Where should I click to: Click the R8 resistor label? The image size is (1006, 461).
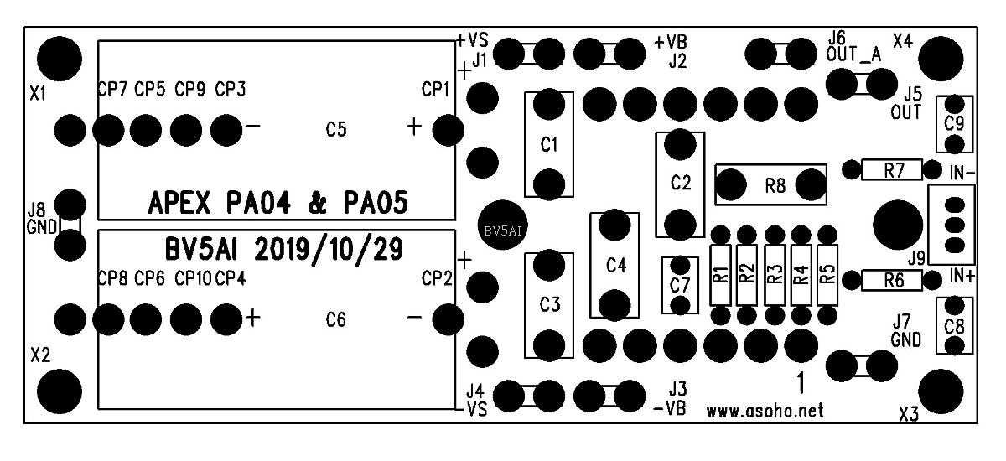pyautogui.click(x=775, y=185)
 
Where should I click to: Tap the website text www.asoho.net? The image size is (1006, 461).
pyautogui.click(x=765, y=412)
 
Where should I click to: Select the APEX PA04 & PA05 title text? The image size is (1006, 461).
pyautogui.click(x=277, y=203)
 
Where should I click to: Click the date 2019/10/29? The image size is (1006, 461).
pyautogui.click(x=328, y=249)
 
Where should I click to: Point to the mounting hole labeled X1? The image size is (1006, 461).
pyautogui.click(x=60, y=58)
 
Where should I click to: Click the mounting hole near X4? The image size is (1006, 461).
pyautogui.click(x=941, y=60)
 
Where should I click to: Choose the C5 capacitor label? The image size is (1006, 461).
pyautogui.click(x=336, y=130)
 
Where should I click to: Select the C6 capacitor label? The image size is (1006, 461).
pyautogui.click(x=336, y=319)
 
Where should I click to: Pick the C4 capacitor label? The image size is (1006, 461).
pyautogui.click(x=615, y=266)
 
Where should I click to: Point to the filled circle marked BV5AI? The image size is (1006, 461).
pyautogui.click(x=504, y=229)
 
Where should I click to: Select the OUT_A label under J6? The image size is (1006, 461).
pyautogui.click(x=853, y=55)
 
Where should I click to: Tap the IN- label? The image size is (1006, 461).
pyautogui.click(x=962, y=173)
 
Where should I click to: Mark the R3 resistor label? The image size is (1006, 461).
pyautogui.click(x=774, y=274)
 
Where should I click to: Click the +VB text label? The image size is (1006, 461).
pyautogui.click(x=672, y=41)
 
